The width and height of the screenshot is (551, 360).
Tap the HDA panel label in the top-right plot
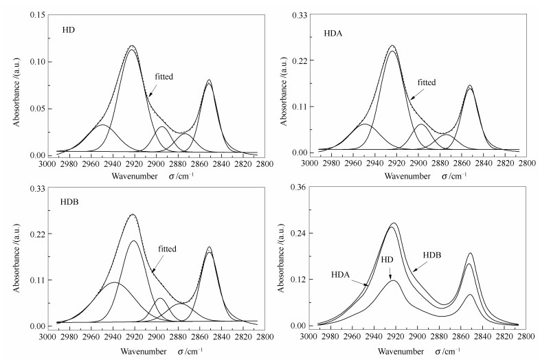tap(334, 33)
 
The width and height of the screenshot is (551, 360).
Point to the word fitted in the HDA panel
tap(427, 82)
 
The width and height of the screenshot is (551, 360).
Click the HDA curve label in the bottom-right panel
tap(341, 275)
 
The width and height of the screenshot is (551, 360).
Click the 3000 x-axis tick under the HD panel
tap(47, 165)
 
